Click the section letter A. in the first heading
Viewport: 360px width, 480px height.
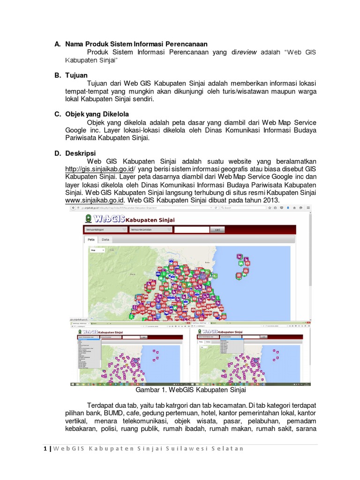tap(57, 44)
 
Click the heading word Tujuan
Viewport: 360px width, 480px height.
tap(76, 75)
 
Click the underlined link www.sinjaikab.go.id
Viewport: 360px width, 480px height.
tap(91, 200)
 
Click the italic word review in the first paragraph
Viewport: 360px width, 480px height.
tap(247, 52)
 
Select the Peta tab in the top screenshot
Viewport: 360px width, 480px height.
tap(91, 239)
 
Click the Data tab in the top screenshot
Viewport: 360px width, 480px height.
tap(106, 239)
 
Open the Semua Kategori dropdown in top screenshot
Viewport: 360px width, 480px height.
tap(105, 230)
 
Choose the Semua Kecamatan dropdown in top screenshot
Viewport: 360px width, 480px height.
tap(150, 230)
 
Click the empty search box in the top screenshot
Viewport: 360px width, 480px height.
tap(191, 230)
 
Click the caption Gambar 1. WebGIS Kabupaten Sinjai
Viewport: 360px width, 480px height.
tap(190, 390)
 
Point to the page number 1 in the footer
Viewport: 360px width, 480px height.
tap(45, 449)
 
